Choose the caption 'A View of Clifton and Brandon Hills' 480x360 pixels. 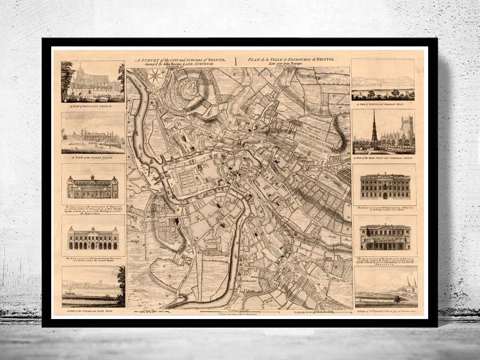coord(384,104)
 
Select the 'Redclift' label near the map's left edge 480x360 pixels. coord(132,238)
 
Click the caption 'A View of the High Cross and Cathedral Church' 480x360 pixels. coord(384,158)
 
